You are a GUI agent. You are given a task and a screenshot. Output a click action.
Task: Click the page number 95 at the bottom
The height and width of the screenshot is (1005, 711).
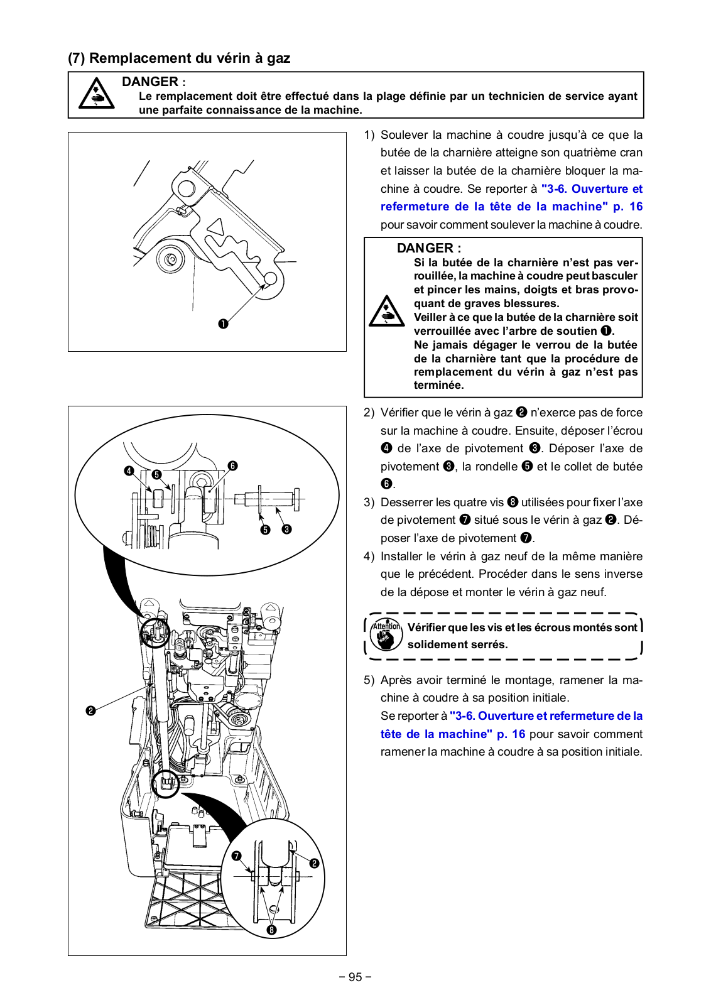tap(355, 977)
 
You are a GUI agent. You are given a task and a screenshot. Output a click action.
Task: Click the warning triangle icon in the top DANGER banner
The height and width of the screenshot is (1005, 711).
tap(96, 94)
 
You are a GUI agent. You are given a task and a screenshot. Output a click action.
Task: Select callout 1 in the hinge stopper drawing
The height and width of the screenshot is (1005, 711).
tap(223, 324)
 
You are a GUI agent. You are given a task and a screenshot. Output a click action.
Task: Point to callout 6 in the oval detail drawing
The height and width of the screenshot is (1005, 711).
tap(233, 465)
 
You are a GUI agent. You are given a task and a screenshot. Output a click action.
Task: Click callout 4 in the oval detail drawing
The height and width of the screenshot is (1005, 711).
tap(129, 470)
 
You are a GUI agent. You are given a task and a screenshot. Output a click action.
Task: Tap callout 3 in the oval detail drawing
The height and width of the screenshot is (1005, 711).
tap(287, 530)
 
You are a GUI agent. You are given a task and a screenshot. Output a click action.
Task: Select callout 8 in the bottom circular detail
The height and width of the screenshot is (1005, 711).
tap(271, 930)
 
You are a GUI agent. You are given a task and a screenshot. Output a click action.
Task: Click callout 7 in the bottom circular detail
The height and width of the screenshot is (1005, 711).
tap(236, 856)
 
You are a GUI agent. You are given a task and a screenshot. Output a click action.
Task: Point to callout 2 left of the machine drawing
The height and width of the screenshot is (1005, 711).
tap(90, 710)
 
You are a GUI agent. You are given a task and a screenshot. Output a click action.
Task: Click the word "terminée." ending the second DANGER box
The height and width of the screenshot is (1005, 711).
tap(438, 386)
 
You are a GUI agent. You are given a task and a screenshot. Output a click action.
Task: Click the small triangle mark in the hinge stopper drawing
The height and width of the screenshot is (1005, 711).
tap(216, 227)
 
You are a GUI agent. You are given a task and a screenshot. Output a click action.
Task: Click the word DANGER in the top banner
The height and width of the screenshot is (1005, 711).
tap(150, 82)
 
